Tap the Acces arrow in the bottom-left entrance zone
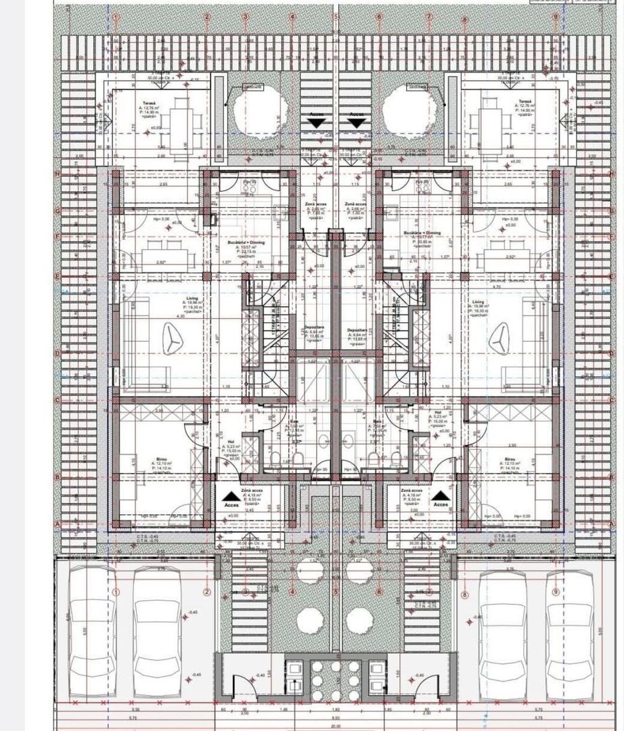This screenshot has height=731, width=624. coord(229,497)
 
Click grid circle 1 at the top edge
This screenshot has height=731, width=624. coord(116,17)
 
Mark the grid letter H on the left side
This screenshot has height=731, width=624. coord(58,174)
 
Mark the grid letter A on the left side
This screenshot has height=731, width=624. coord(58,524)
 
